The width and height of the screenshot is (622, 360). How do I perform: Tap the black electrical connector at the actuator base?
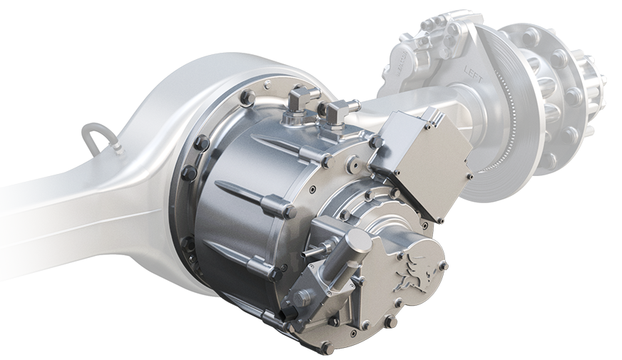(x=288, y=314)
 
